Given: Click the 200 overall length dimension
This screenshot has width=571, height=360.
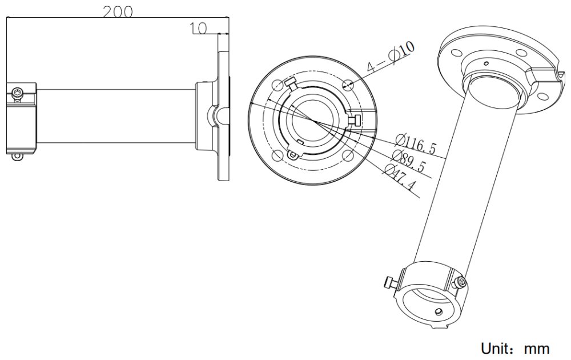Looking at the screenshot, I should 118,11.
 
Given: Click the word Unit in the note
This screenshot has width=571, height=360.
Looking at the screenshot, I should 498,348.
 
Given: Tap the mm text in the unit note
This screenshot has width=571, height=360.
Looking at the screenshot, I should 537,348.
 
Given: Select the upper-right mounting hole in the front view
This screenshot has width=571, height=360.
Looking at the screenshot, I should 349,85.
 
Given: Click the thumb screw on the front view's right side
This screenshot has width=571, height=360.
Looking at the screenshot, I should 354,119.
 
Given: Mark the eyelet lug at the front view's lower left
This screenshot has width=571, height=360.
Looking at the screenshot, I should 293,154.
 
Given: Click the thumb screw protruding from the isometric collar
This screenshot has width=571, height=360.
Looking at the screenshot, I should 389,282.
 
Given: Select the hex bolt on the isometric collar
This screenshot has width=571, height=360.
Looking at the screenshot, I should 460,281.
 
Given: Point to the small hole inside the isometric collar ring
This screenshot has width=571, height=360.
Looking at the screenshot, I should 438,311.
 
